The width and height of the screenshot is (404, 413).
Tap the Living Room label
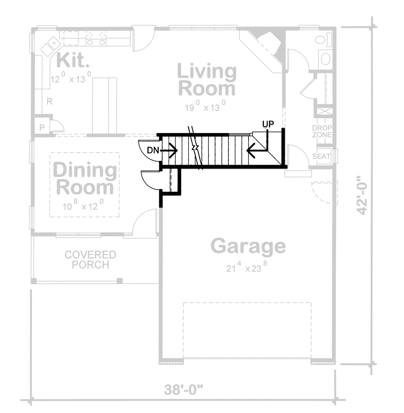pos(207,80)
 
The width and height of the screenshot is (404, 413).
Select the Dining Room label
pos(85,179)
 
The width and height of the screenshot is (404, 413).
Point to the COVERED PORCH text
pos(90,259)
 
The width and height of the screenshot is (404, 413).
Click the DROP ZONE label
pos(322,131)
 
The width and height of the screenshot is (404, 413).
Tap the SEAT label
pos(322,156)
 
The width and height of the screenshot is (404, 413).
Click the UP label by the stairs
pos(268,124)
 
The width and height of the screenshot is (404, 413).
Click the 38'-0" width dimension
pos(184,390)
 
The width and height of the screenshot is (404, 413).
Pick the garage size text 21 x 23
pos(247,268)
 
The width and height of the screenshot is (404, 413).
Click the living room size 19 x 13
pos(205,107)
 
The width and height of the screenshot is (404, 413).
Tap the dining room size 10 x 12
pos(83,206)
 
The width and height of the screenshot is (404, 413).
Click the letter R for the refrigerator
pos(49,101)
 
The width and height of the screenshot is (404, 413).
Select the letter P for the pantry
pos(42,127)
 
